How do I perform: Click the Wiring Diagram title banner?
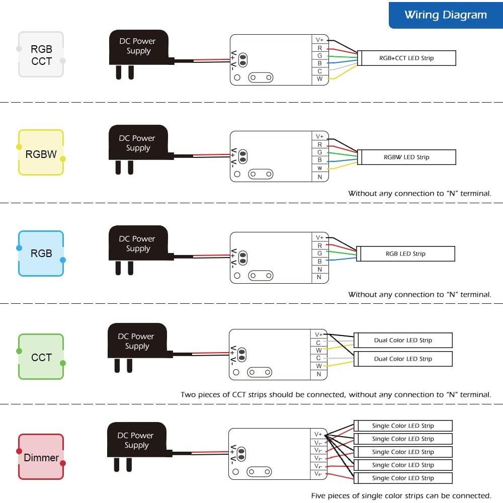pyautogui.click(x=446, y=15)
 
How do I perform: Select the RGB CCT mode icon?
pyautogui.click(x=41, y=55)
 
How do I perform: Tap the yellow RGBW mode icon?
pyautogui.click(x=41, y=153)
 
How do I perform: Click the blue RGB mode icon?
pyautogui.click(x=41, y=254)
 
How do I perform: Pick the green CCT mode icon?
pyautogui.click(x=41, y=357)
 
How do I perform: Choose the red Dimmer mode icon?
pyautogui.click(x=41, y=457)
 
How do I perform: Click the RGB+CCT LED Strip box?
pyautogui.click(x=406, y=58)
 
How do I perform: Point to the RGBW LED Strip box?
pyautogui.click(x=406, y=157)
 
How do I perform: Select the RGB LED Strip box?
pyautogui.click(x=405, y=254)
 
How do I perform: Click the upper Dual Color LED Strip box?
pyautogui.click(x=403, y=341)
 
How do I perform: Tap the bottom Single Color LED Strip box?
pyautogui.click(x=403, y=478)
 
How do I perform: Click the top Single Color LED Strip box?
pyautogui.click(x=403, y=426)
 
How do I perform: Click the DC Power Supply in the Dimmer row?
pyautogui.click(x=137, y=440)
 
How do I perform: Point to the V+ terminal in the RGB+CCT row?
pyautogui.click(x=319, y=40)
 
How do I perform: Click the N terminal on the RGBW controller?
pyautogui.click(x=319, y=177)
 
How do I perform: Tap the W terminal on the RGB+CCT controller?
pyautogui.click(x=319, y=79)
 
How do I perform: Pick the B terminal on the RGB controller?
pyautogui.click(x=319, y=261)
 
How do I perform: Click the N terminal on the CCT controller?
pyautogui.click(x=318, y=374)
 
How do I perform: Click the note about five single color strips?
pyautogui.click(x=401, y=495)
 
